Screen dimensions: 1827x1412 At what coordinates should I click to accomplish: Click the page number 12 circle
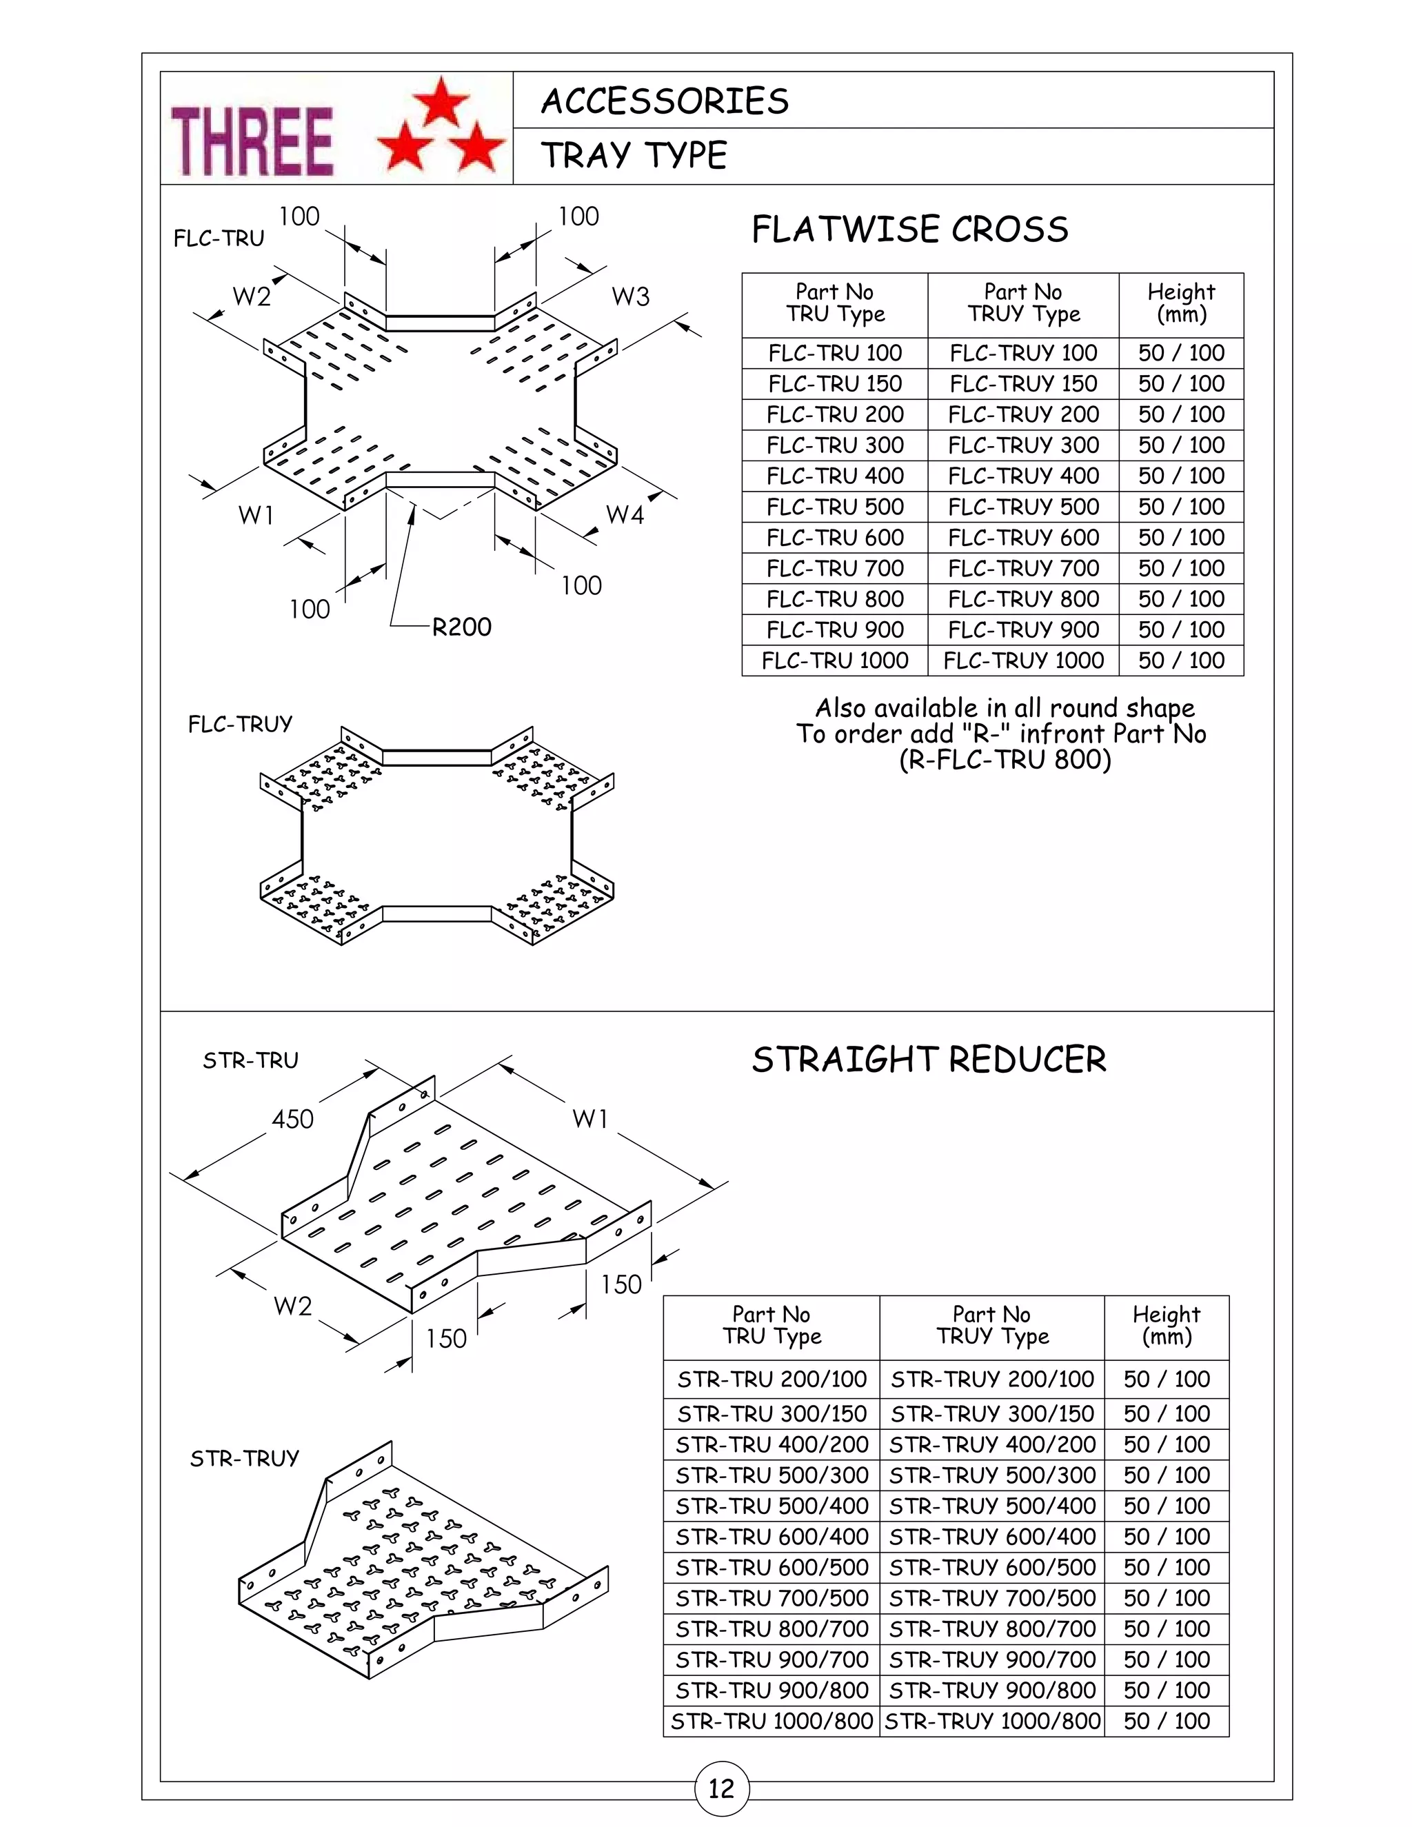721,1788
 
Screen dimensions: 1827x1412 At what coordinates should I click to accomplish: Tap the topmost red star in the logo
442,101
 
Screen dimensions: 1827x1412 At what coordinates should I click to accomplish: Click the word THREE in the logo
252,141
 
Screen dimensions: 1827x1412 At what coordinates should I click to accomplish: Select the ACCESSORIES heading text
665,101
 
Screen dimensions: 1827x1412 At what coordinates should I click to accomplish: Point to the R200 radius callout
461,627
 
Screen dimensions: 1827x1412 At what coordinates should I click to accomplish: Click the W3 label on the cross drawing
630,296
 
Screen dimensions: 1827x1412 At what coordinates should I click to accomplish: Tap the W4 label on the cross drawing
624,514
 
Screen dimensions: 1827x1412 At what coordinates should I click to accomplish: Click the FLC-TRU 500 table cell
835,507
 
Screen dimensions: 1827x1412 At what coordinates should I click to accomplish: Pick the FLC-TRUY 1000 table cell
1023,661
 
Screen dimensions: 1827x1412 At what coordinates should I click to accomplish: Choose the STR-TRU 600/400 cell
771,1536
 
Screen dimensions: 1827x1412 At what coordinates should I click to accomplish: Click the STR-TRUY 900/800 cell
992,1690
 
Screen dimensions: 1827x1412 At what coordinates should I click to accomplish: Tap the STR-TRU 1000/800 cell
771,1721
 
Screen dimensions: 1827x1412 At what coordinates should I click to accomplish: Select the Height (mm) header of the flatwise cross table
1180,303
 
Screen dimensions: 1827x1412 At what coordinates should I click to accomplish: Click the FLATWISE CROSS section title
909,229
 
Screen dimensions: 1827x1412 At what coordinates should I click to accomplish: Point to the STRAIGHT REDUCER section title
929,1060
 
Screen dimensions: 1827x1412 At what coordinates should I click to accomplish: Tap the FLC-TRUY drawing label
240,724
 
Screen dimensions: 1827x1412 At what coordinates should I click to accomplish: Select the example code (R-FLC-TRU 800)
1005,760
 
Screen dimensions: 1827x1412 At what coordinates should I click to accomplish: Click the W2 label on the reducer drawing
292,1306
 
